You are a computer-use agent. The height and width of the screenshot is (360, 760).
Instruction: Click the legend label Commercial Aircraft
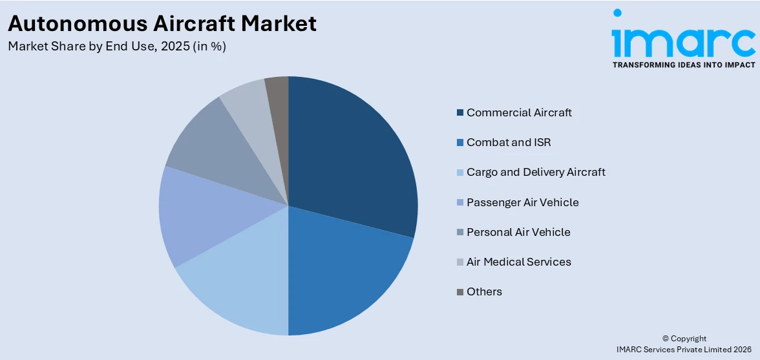(x=519, y=112)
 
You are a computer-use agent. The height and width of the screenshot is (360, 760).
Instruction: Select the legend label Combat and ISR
(x=509, y=142)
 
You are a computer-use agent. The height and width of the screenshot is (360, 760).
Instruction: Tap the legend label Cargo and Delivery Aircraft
(x=536, y=172)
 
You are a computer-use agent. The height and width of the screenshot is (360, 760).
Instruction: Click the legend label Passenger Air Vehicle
(x=522, y=202)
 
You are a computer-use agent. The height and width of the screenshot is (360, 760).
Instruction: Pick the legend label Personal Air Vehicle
(x=518, y=232)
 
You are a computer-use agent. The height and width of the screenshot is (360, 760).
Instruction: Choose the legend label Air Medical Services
(x=518, y=262)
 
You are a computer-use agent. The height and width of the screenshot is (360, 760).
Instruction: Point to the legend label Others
(x=484, y=291)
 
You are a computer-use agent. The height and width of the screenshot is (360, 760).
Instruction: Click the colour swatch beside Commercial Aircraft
(x=460, y=112)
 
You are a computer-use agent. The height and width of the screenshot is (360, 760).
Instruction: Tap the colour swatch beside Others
(x=460, y=292)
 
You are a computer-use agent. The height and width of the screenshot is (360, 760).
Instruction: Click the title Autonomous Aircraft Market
(x=162, y=23)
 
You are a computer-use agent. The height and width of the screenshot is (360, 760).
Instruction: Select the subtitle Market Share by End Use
(x=116, y=47)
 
